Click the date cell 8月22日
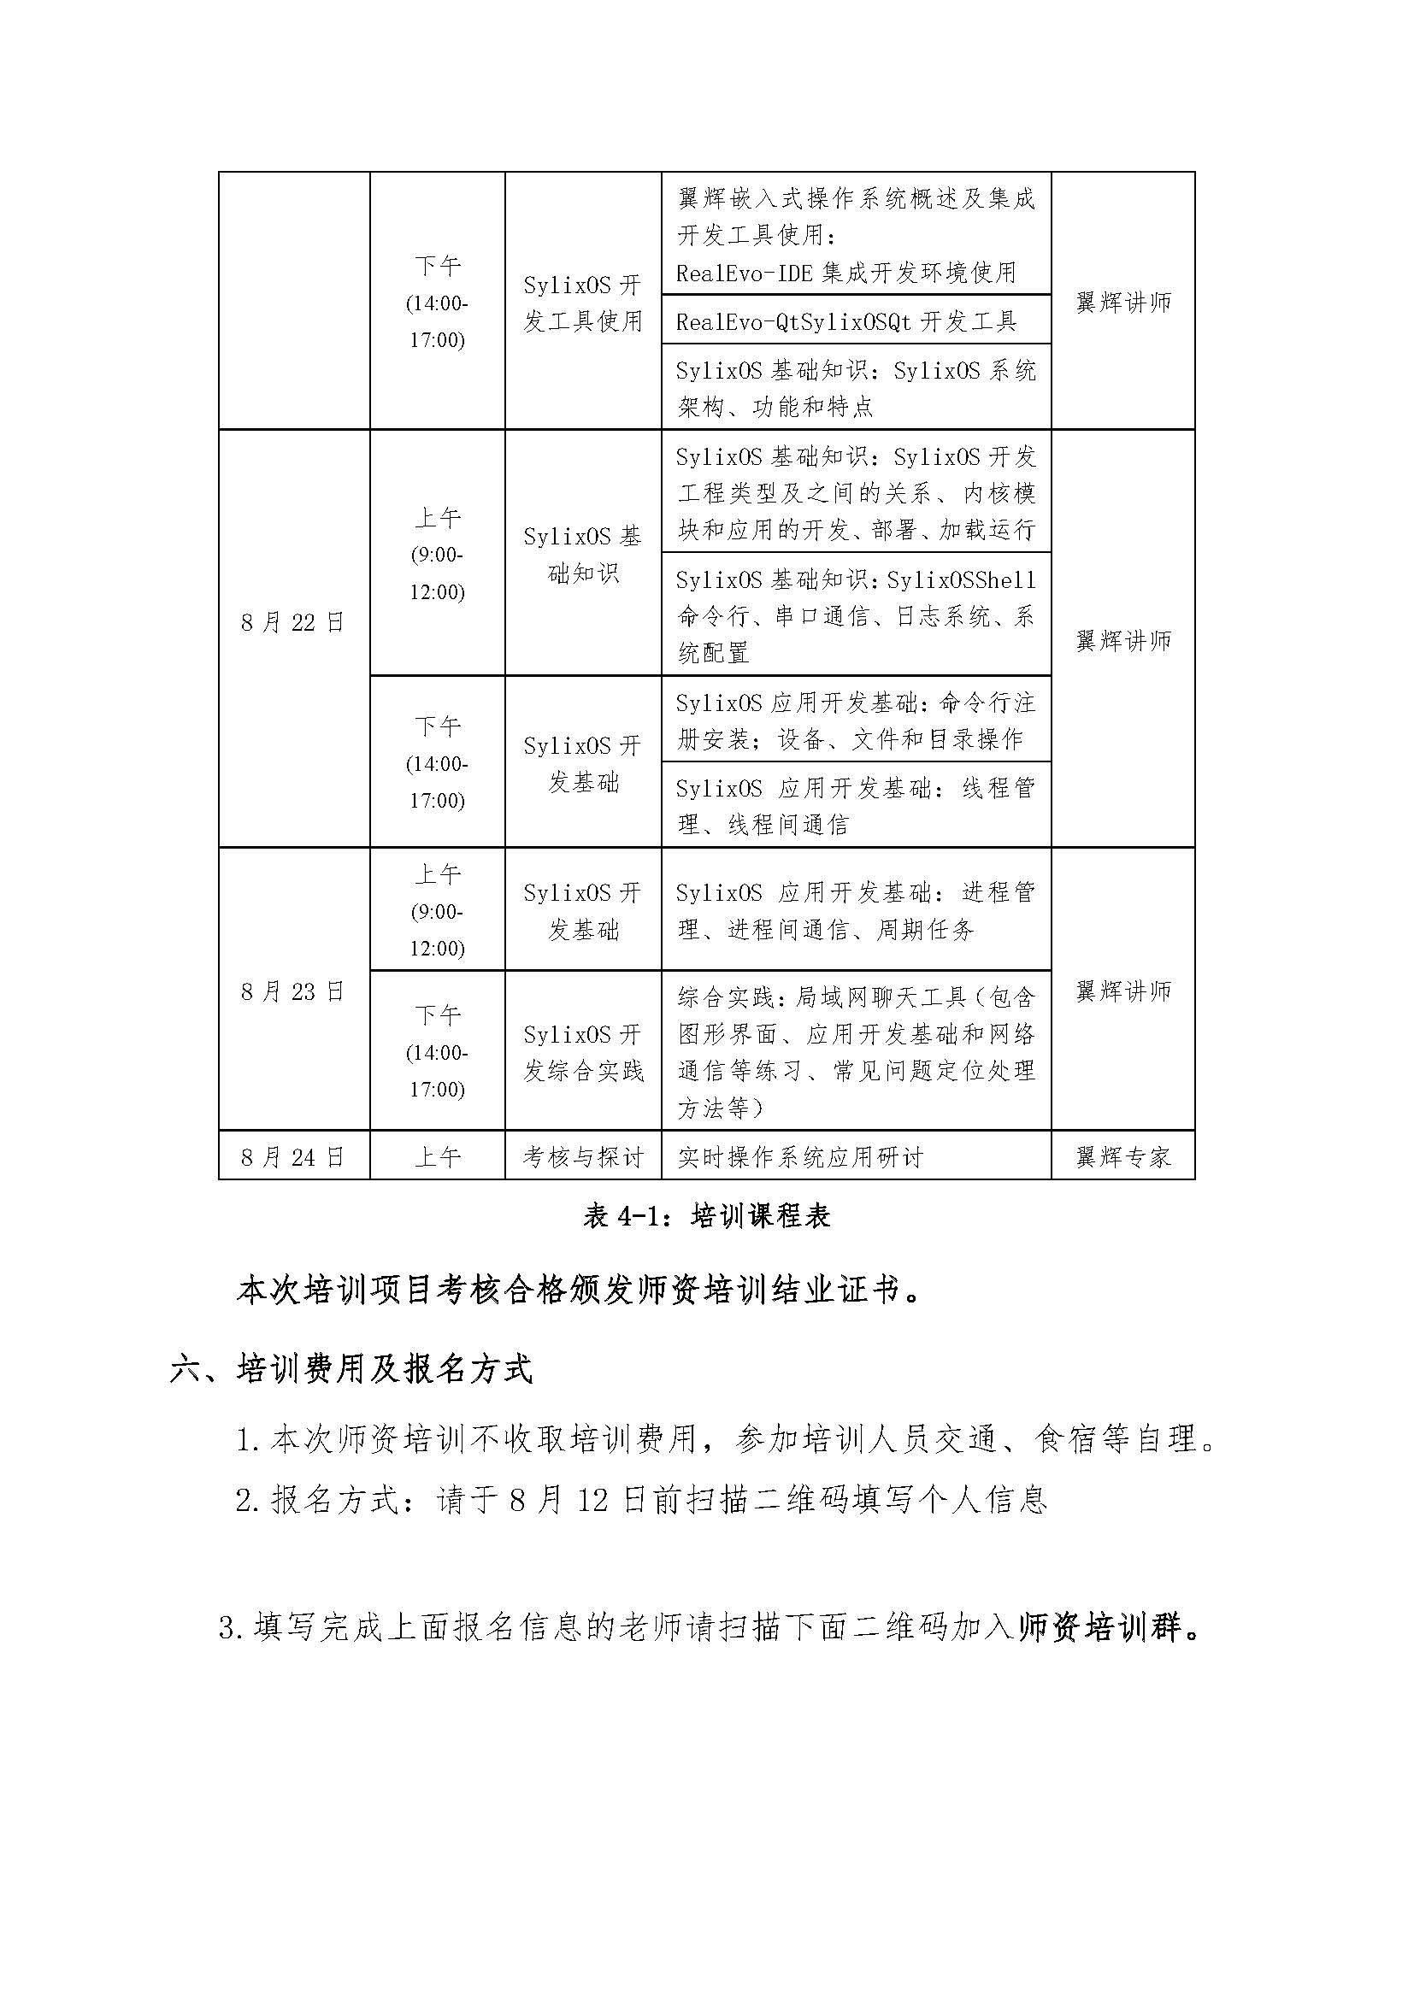293,622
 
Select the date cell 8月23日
293,991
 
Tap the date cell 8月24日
293,1157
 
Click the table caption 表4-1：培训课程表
706,1215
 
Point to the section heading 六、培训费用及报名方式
351,1369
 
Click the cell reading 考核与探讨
583,1157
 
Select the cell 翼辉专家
1123,1157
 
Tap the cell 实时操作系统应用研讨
800,1157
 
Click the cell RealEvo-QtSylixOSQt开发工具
846,321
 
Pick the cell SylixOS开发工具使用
583,303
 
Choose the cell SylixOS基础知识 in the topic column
583,555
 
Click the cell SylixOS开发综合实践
583,1052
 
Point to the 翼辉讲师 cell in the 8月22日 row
1123,641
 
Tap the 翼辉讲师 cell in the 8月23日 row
1123,991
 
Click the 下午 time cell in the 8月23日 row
437,1052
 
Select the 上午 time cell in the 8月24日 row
437,1157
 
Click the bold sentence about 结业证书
580,1291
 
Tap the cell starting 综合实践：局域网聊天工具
856,1052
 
